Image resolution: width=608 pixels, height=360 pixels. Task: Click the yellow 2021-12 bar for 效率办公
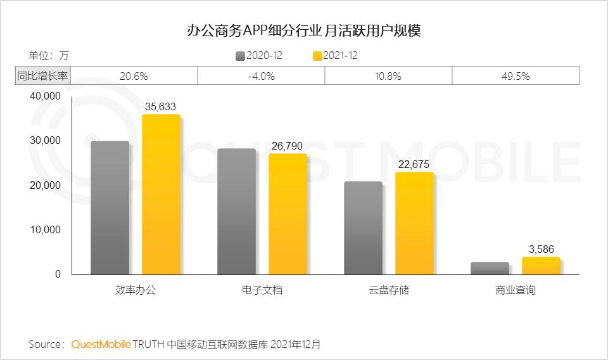point(161,195)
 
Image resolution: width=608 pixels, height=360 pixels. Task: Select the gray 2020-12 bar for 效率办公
point(110,208)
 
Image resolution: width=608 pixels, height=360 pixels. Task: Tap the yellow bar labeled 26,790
point(288,214)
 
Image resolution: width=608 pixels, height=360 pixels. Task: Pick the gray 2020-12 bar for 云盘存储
point(364,228)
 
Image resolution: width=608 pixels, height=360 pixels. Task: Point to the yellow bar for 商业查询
point(541,266)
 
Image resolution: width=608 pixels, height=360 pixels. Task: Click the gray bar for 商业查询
point(490,268)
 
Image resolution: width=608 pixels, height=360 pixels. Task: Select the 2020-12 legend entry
point(259,56)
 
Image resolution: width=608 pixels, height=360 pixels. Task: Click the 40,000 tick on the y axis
point(44,96)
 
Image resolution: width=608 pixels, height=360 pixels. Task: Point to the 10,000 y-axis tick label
point(44,229)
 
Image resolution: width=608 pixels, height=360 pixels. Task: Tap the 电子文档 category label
point(262,290)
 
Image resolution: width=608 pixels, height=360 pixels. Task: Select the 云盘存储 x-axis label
point(389,290)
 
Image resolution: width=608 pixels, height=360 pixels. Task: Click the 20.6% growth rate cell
point(134,76)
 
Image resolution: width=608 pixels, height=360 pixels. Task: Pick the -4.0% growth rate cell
point(261,76)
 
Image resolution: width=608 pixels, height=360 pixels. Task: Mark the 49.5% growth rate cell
point(515,76)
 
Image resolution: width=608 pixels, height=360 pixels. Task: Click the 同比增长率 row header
point(43,76)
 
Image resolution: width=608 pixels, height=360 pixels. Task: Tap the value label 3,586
point(541,250)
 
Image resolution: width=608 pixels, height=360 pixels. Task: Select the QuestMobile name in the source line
point(101,345)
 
